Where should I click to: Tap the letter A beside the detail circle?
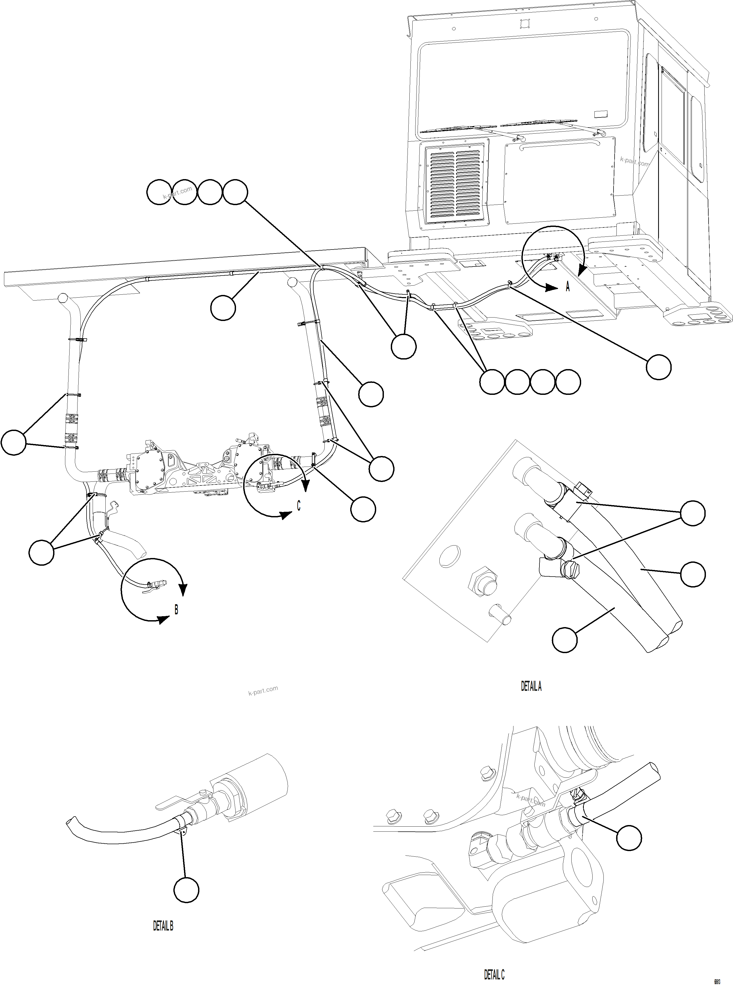point(568,287)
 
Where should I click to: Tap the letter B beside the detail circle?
point(176,610)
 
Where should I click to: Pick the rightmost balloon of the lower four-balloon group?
point(568,382)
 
